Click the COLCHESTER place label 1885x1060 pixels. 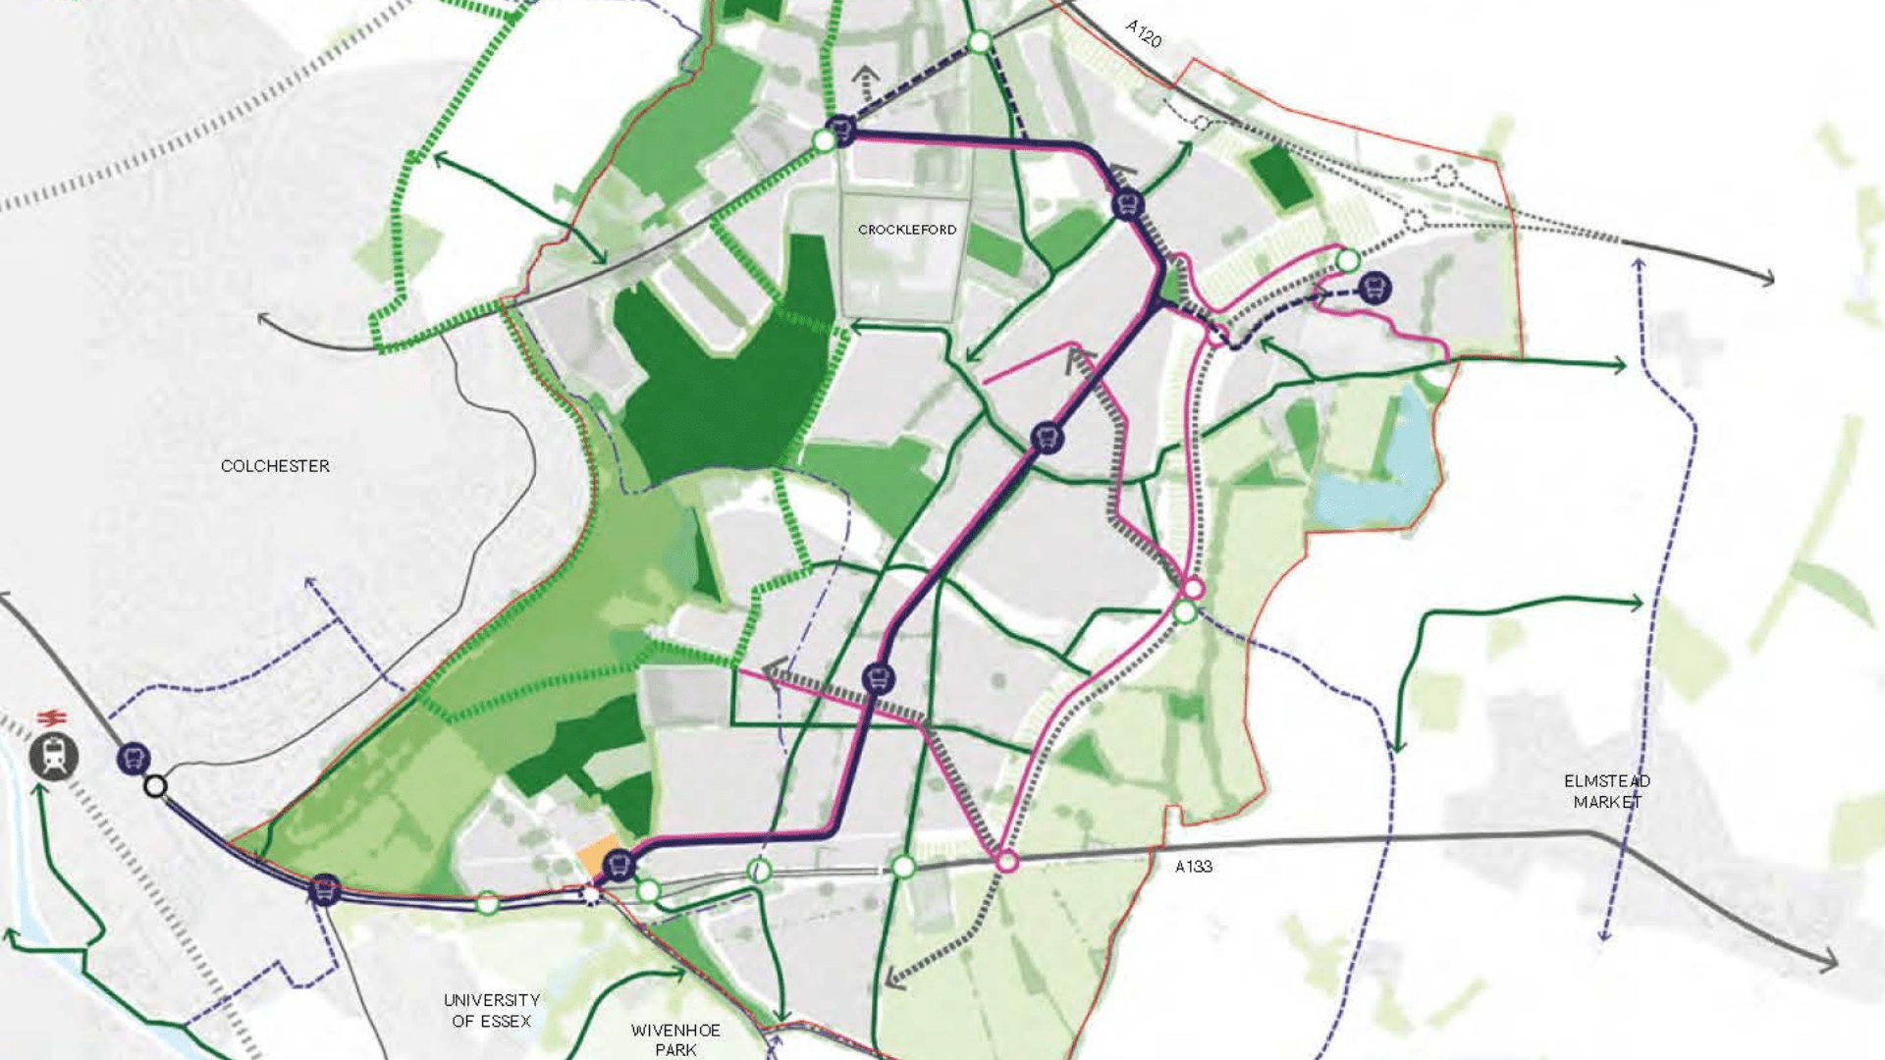tap(275, 466)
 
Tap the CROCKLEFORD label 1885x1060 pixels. tap(906, 230)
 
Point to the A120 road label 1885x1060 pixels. tap(1144, 33)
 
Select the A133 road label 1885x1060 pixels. tap(1194, 867)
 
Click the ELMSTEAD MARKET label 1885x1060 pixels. tap(1607, 791)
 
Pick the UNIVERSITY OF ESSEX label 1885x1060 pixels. tap(491, 1010)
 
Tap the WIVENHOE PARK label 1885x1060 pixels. tap(675, 1039)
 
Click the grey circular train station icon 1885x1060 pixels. tap(53, 757)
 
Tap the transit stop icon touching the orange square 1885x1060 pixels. tap(619, 866)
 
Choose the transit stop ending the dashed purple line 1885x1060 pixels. tap(1374, 288)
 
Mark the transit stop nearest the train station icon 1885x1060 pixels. tap(134, 758)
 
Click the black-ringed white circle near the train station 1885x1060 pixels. tap(155, 786)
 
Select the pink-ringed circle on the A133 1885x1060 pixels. tap(1007, 863)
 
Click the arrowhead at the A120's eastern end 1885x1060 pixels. tap(1767, 279)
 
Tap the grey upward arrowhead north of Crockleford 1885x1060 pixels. tap(865, 75)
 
